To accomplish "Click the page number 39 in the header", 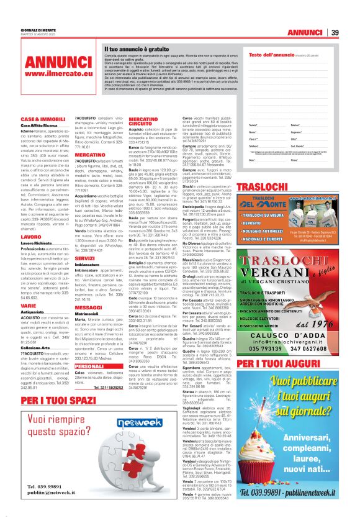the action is pos(351,32).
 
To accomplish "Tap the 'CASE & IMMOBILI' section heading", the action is pos(43,119).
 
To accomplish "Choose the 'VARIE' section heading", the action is pos(29,306).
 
